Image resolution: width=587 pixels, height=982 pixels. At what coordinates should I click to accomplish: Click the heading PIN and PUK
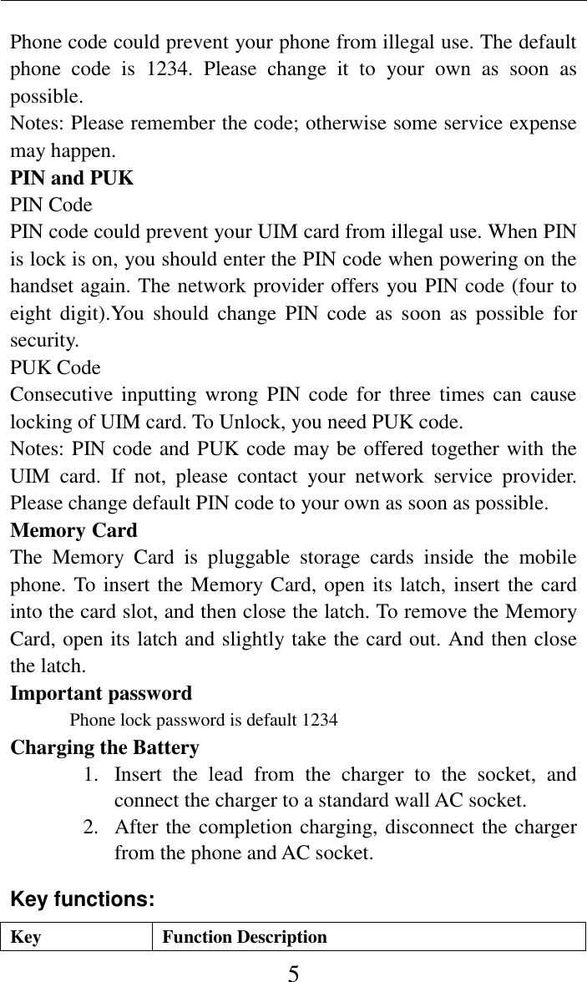coord(71,178)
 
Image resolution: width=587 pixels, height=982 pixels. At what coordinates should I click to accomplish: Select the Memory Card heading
coord(73,530)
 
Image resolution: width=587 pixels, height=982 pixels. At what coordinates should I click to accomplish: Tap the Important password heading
coord(101,693)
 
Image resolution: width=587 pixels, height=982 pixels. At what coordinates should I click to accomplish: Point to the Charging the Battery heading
coord(104,747)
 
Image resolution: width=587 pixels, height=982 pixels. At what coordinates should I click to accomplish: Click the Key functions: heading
coord(82,899)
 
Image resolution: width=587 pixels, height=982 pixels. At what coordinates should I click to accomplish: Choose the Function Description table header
coord(245,937)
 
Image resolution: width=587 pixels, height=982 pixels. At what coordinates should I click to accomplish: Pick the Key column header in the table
coord(26,937)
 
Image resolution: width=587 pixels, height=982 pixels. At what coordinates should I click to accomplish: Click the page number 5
coord(293,971)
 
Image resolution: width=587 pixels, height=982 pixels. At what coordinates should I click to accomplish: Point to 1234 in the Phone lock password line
coord(320,719)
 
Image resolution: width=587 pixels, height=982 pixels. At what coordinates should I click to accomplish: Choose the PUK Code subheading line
coord(55,367)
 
